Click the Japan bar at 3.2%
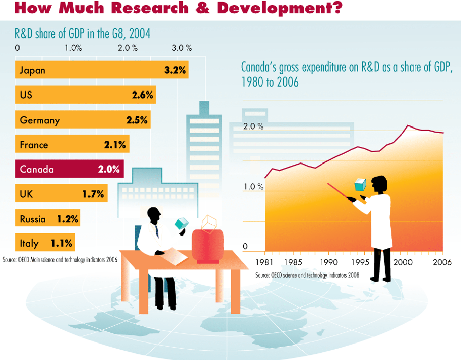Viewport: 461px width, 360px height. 102,70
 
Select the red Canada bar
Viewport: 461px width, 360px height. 70,169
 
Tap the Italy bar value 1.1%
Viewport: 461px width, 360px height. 61,243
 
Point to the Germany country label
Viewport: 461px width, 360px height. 40,120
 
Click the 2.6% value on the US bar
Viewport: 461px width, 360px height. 142,95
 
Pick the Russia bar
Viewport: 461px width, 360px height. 48,219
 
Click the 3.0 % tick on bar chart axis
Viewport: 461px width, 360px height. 181,48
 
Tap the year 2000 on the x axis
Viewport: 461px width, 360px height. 403,262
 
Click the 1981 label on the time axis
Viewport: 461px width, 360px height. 264,262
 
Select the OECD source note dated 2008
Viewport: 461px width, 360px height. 307,275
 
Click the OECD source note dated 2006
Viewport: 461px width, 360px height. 60,260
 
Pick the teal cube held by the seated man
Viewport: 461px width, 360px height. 181,223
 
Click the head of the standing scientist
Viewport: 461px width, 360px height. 380,184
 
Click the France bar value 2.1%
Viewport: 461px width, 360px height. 115,145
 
